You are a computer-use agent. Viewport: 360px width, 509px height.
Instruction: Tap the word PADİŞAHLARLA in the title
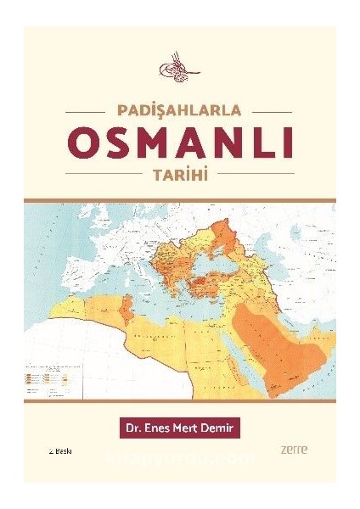(x=179, y=109)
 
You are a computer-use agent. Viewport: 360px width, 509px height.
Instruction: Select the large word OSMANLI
(x=179, y=141)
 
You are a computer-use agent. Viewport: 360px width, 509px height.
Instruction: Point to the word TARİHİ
(x=179, y=172)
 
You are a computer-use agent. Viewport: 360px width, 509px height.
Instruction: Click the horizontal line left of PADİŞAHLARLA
(x=85, y=110)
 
